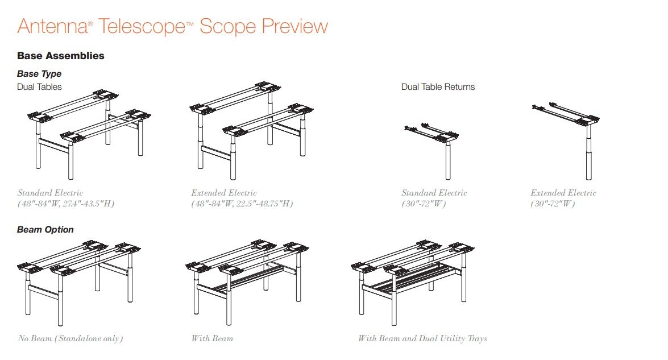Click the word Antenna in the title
pyautogui.click(x=52, y=26)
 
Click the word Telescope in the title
pyautogui.click(x=142, y=26)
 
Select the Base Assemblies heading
pyautogui.click(x=60, y=56)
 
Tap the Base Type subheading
pyautogui.click(x=39, y=74)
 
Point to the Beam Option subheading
pyautogui.click(x=45, y=230)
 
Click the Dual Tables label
pyautogui.click(x=39, y=87)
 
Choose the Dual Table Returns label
pyautogui.click(x=438, y=87)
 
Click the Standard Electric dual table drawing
pyautogui.click(x=89, y=134)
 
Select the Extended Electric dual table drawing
pyautogui.click(x=251, y=130)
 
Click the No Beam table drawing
pyautogui.click(x=79, y=283)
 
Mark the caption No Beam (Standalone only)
pyautogui.click(x=70, y=339)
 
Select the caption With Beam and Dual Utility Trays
pyautogui.click(x=422, y=339)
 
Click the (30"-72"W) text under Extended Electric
pyautogui.click(x=553, y=204)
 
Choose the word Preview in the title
pyautogui.click(x=295, y=26)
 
